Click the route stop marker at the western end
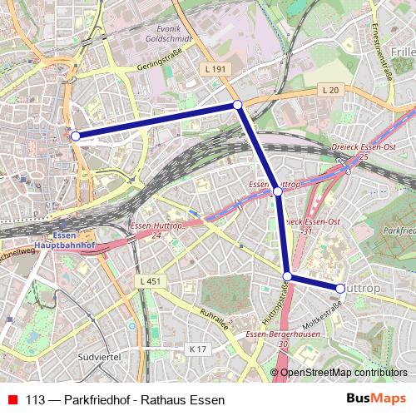tap(75, 136)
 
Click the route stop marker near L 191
tap(237, 105)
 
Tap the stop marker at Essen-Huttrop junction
tap(278, 191)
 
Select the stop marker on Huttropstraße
tap(287, 276)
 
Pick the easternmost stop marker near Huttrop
tap(340, 288)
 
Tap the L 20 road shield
tap(331, 89)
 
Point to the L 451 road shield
tap(151, 281)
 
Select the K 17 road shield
tap(196, 349)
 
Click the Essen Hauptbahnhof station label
tap(69, 241)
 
